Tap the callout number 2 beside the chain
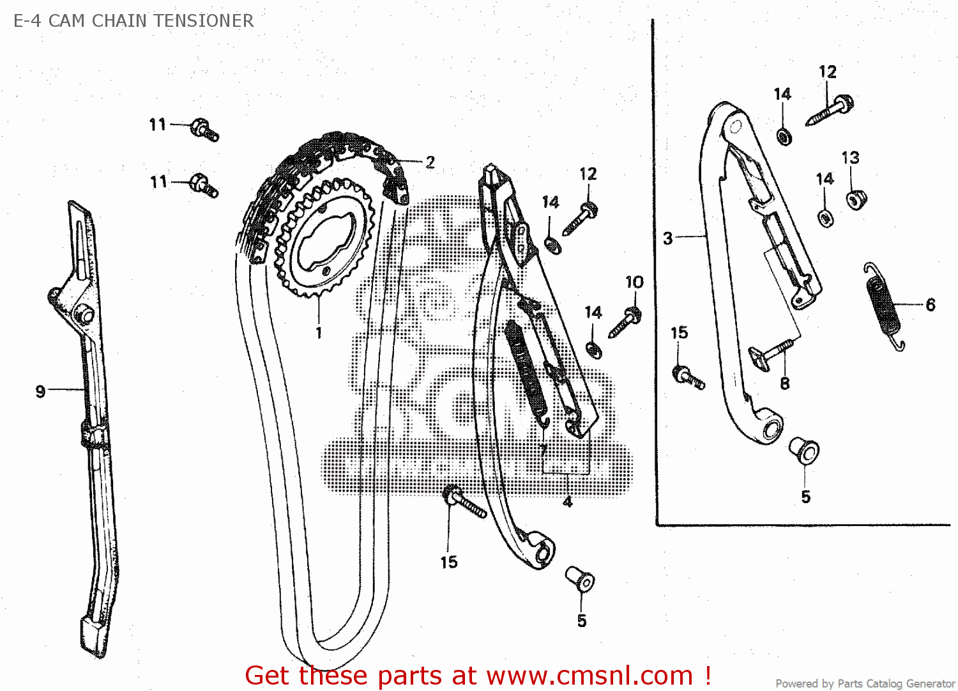click(430, 162)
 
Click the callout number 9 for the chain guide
click(40, 391)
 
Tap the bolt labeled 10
click(625, 322)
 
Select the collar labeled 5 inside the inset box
click(804, 450)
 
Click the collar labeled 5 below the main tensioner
click(580, 579)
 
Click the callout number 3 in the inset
click(668, 238)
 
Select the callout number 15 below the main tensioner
click(449, 562)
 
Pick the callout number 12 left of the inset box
click(588, 174)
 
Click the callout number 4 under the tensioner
click(568, 502)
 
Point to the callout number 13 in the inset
click(850, 157)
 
